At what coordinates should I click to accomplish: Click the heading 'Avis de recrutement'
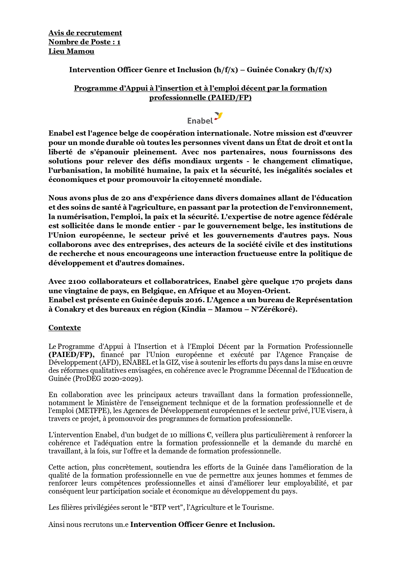pyautogui.click(x=85, y=33)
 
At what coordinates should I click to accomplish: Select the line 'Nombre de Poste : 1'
pyautogui.click(x=84, y=42)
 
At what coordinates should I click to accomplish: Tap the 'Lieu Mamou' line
pyautogui.click(x=71, y=51)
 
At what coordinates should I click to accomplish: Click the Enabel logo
pyautogui.click(x=205, y=118)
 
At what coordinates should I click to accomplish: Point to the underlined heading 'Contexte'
pyautogui.click(x=65, y=328)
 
